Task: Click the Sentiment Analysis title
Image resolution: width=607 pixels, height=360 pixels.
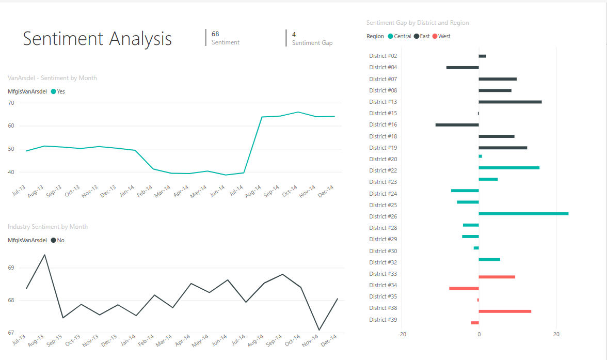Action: tap(97, 39)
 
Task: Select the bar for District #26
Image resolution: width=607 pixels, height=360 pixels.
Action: tap(523, 213)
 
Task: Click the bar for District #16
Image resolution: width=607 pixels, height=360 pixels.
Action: tap(457, 124)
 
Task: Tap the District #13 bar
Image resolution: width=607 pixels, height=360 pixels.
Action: tap(510, 102)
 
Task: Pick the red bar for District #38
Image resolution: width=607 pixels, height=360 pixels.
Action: tap(505, 311)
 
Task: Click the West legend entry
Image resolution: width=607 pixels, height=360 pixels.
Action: tap(441, 36)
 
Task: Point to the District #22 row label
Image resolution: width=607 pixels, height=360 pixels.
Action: tap(383, 170)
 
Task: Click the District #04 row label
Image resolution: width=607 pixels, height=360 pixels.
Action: tap(383, 67)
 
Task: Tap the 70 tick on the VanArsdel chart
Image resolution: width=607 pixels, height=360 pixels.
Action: tap(11, 103)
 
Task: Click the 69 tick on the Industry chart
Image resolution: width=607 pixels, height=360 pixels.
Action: tap(11, 268)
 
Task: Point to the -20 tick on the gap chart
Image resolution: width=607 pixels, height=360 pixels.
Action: tap(402, 334)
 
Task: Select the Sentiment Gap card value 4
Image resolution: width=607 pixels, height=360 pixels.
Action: tap(294, 35)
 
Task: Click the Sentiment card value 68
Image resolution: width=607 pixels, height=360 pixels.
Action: tap(215, 34)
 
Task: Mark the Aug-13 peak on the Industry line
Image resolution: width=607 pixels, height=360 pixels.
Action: tap(45, 255)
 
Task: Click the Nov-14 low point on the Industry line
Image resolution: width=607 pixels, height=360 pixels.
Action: tap(319, 330)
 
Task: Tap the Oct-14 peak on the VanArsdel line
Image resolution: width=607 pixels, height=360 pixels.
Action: tap(298, 112)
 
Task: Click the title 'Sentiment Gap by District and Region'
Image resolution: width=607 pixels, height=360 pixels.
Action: tap(418, 23)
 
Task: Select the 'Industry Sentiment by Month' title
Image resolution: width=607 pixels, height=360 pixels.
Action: tap(47, 227)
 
